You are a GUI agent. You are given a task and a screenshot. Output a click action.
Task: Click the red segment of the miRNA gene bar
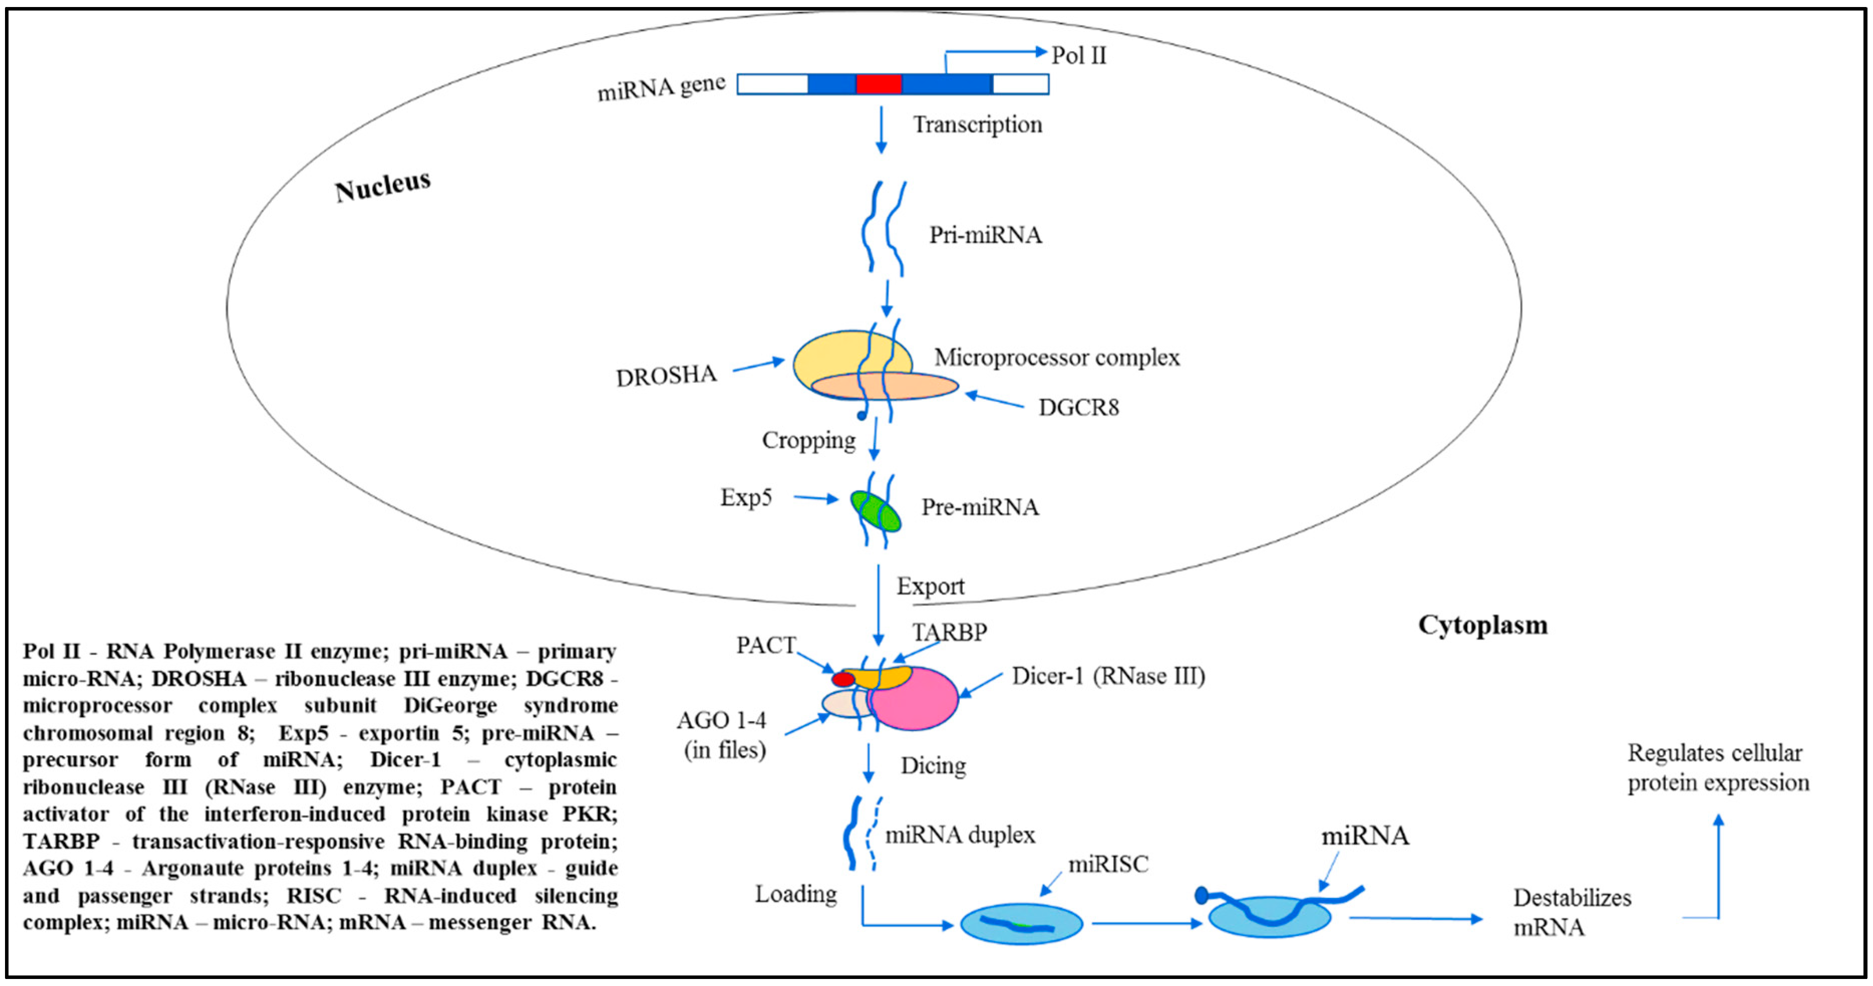click(879, 84)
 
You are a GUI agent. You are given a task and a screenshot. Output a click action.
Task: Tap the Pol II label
click(1078, 55)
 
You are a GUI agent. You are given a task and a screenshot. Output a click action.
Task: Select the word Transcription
click(977, 124)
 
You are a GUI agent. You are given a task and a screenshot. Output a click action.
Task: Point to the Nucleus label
click(383, 186)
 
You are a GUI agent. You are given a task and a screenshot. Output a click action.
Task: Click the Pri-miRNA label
click(985, 235)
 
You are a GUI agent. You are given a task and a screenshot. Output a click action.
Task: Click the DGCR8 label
click(1078, 407)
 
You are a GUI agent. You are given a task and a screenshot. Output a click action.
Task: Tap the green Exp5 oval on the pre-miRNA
click(876, 511)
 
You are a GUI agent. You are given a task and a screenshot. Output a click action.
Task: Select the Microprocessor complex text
click(1057, 357)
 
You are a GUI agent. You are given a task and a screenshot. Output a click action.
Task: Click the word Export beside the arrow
click(930, 586)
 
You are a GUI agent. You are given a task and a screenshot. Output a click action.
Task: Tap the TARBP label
click(950, 632)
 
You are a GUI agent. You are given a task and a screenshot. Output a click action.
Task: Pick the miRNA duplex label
click(960, 835)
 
